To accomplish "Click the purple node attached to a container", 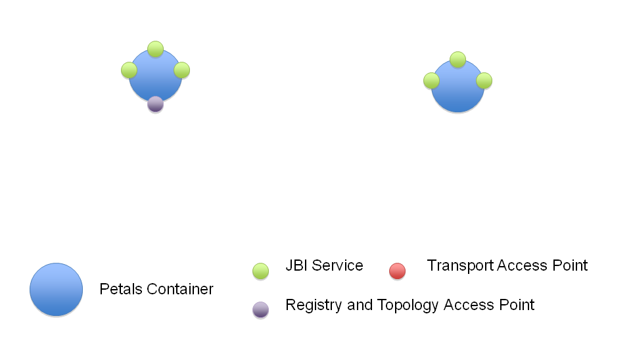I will (x=155, y=104).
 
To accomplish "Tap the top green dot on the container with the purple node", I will (x=155, y=49).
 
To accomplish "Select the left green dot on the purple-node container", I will (x=129, y=70).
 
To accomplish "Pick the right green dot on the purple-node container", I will (x=182, y=70).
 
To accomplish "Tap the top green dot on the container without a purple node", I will (x=457, y=60).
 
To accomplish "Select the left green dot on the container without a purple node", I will (x=431, y=81).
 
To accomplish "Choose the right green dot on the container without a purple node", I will (x=484, y=81).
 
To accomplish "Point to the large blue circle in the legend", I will (x=57, y=290).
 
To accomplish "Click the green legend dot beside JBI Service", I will (x=261, y=271).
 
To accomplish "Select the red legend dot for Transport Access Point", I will (x=397, y=271).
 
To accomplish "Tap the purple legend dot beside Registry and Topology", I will (x=261, y=309).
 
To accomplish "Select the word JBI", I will (x=296, y=265).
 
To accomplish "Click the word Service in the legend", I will (x=337, y=265).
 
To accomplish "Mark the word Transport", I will (x=459, y=265).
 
